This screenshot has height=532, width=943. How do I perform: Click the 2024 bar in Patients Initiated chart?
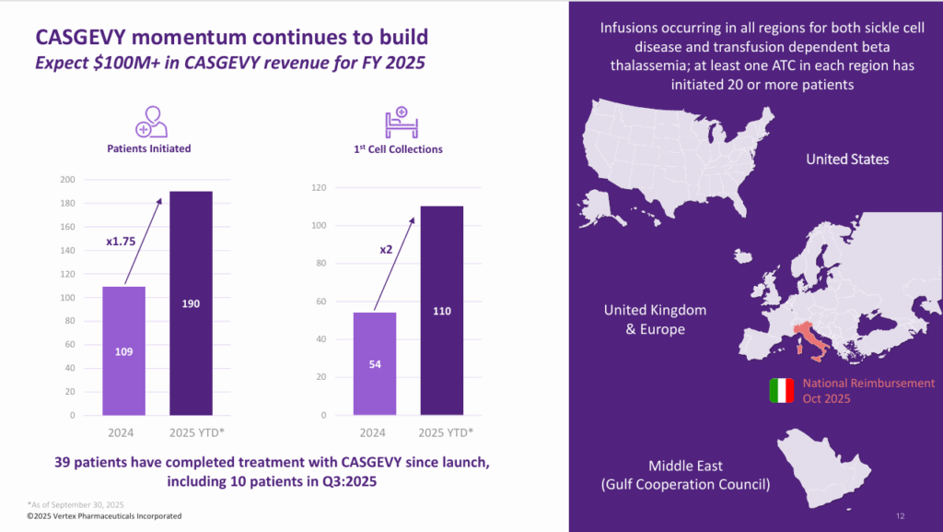pos(122,350)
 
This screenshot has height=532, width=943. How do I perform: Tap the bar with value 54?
pos(375,363)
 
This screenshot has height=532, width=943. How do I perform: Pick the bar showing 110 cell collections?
pos(442,310)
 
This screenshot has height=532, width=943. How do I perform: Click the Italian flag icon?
pos(781,391)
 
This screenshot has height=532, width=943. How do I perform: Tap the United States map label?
pos(847,160)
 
